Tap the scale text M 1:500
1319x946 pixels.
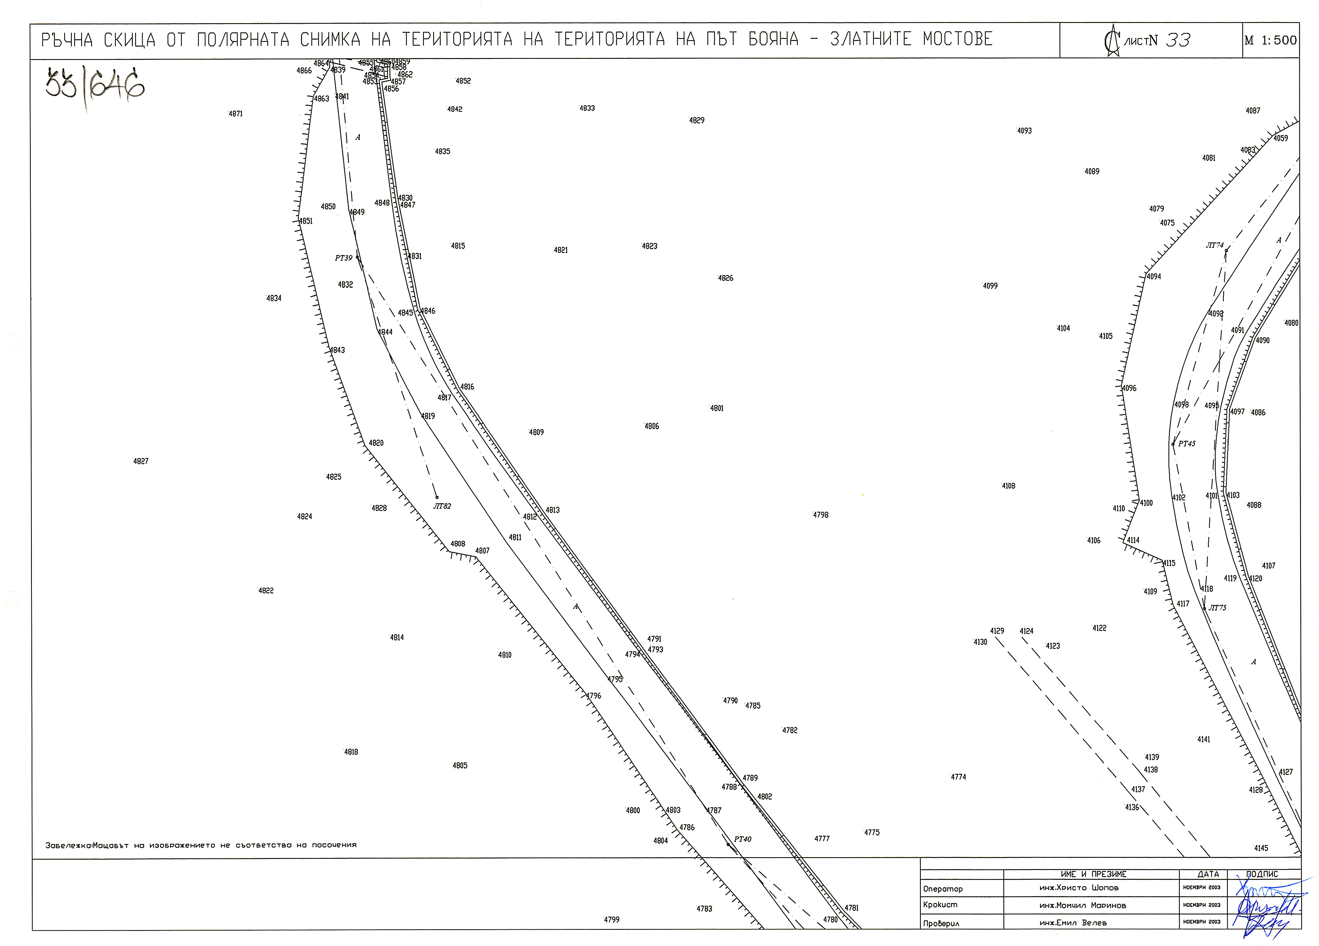point(1271,40)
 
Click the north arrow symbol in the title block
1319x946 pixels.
point(1112,41)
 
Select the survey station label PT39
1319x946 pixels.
point(344,258)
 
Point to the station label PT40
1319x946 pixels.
point(743,839)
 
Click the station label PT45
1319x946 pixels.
point(1187,443)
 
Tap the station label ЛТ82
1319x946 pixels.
point(442,506)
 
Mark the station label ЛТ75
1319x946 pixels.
point(1217,607)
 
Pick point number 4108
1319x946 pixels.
point(1008,486)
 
